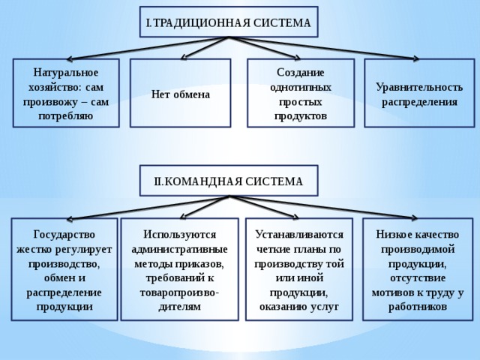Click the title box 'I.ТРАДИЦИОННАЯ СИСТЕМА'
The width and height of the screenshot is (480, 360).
(x=229, y=22)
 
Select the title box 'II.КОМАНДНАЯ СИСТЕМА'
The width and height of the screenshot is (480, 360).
(x=229, y=181)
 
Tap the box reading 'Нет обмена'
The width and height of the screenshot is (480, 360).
(x=180, y=93)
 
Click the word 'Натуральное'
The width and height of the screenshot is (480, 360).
(x=66, y=73)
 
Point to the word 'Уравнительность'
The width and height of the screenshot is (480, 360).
(x=419, y=87)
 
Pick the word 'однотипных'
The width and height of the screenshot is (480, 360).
(x=300, y=87)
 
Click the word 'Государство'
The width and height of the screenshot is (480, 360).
(x=64, y=235)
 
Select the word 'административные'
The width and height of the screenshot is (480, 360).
(x=179, y=249)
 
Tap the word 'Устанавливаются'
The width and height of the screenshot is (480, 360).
(x=299, y=235)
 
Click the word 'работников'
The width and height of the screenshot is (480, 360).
(x=418, y=307)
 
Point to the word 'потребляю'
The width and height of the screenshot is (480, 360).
(x=66, y=116)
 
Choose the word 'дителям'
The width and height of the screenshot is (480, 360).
(x=179, y=307)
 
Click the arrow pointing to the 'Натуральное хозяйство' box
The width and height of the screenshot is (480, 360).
(x=148, y=48)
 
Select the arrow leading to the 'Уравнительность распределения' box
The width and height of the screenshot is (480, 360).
(x=324, y=48)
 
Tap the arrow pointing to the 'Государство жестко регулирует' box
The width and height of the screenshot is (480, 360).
(x=148, y=208)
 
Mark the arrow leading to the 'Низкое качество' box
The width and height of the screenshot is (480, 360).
(x=323, y=208)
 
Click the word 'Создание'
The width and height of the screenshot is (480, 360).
(x=300, y=73)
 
